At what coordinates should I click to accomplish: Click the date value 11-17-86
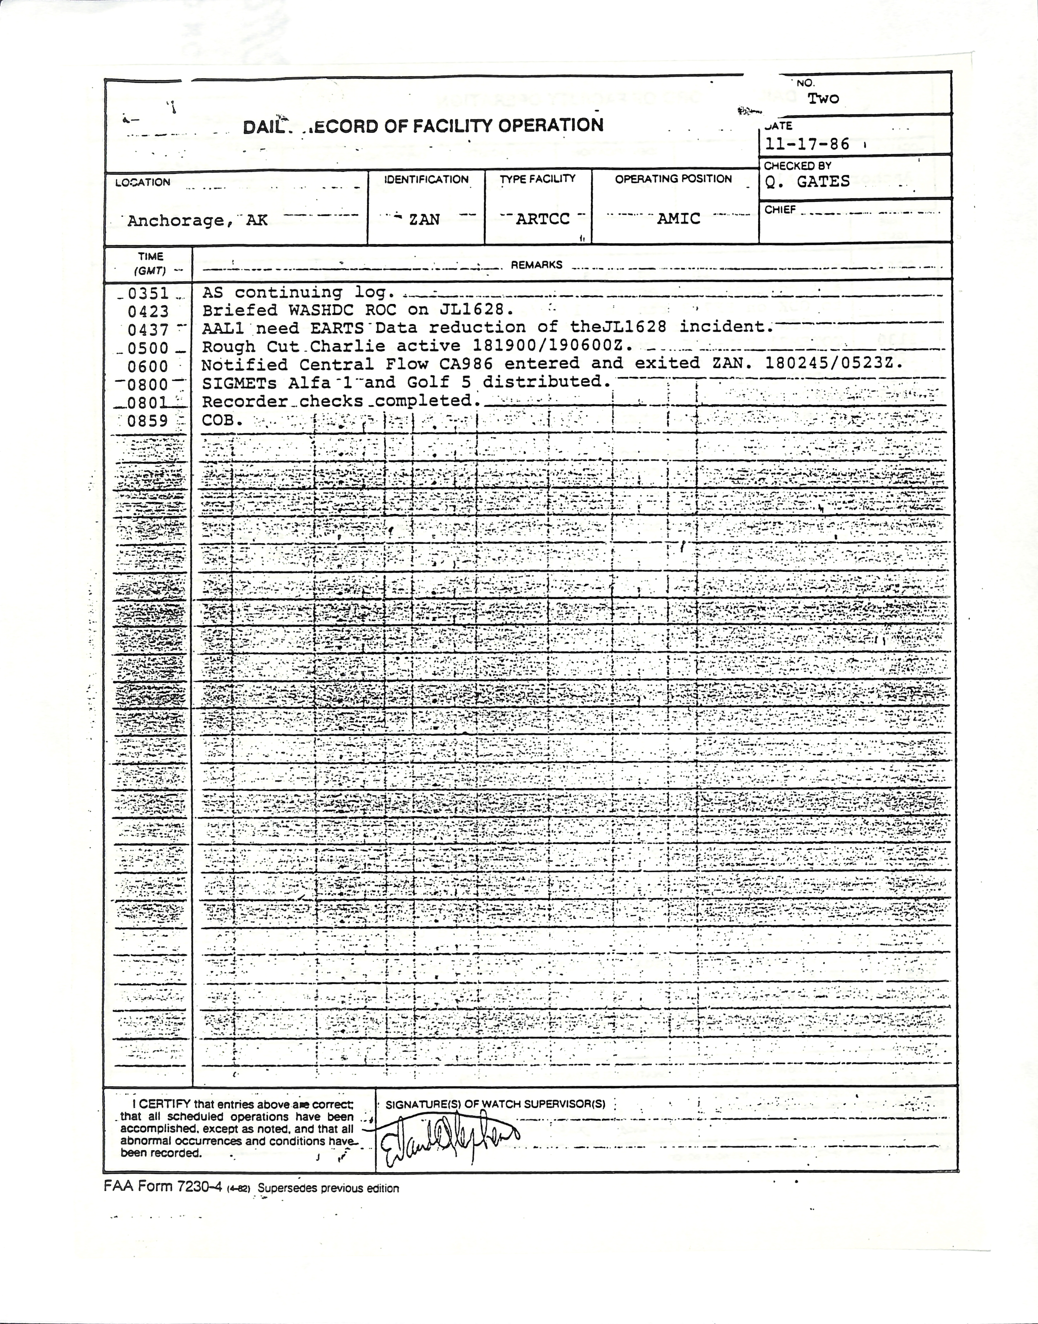click(x=807, y=145)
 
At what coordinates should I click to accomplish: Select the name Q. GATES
click(x=807, y=182)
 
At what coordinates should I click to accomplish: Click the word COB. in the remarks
click(x=222, y=420)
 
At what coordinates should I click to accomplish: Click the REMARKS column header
click(x=536, y=265)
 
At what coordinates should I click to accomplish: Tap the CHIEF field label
click(x=780, y=210)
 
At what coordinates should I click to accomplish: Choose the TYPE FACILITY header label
click(x=537, y=179)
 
